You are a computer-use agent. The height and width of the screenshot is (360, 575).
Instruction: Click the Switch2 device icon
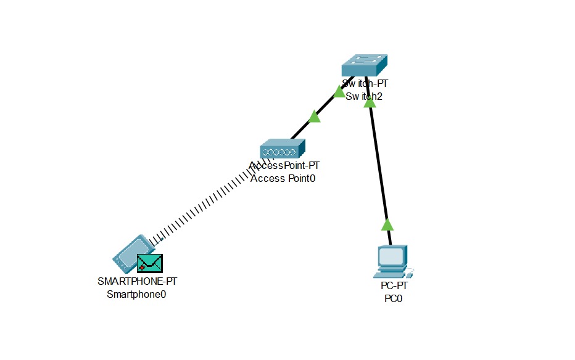click(x=365, y=64)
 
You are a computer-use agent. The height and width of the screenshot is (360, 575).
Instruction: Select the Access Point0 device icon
click(x=283, y=149)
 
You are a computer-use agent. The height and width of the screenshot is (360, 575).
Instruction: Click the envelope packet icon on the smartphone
click(x=150, y=263)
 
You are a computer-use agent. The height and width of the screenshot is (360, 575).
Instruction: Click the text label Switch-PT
click(x=365, y=84)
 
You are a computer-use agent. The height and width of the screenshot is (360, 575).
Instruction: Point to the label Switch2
click(x=365, y=96)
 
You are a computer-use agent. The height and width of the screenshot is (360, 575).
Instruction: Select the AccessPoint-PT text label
click(x=284, y=166)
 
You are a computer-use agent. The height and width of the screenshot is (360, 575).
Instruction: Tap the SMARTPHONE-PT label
click(x=138, y=281)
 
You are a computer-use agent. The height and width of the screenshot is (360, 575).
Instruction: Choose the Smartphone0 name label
click(x=137, y=294)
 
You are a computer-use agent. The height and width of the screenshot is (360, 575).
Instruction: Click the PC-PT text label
click(x=394, y=287)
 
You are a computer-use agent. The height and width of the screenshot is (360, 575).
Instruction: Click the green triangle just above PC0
click(x=387, y=224)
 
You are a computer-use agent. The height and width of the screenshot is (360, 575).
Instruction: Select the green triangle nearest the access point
click(x=315, y=117)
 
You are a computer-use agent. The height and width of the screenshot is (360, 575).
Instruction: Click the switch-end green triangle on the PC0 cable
click(x=370, y=102)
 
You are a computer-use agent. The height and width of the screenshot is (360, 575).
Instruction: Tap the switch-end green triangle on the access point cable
click(x=339, y=92)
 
